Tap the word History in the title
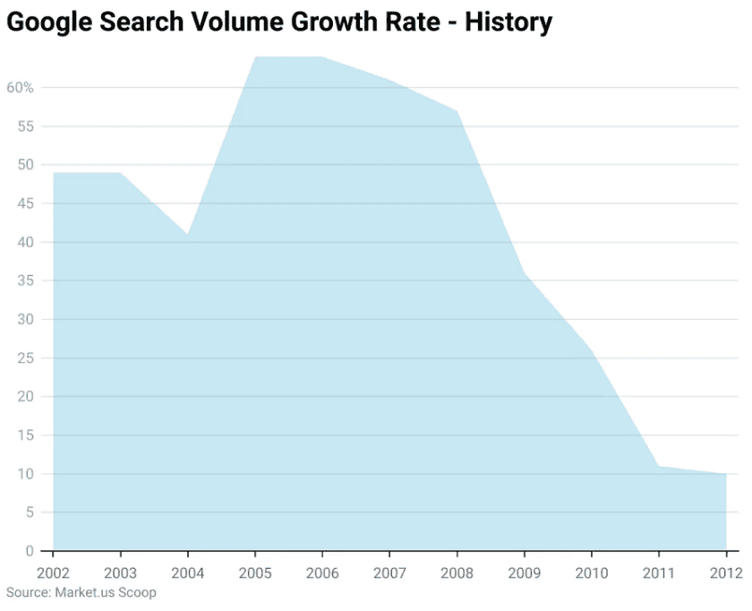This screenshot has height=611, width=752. (508, 22)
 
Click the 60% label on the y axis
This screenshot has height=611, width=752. (20, 88)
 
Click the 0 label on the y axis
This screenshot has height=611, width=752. (30, 551)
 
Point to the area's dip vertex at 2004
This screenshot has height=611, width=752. (188, 235)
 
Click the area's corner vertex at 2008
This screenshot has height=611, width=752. (457, 111)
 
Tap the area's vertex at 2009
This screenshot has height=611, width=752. (525, 273)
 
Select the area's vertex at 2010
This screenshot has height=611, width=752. (592, 350)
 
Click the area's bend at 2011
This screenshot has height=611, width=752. (659, 466)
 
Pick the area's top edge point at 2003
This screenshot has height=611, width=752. (121, 173)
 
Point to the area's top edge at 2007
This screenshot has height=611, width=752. (390, 81)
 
